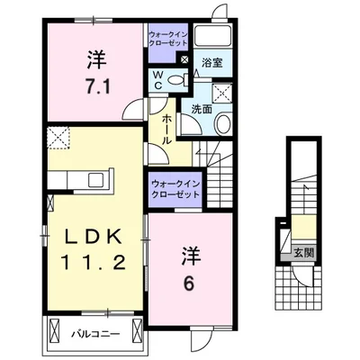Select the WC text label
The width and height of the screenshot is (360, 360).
[158, 80]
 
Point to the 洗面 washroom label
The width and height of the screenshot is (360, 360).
[199, 109]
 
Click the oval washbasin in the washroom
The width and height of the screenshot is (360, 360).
[223, 124]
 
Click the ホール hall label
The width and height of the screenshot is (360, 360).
[167, 125]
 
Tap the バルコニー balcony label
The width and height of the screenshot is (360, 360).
[93, 334]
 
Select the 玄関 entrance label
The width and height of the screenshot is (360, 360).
[303, 253]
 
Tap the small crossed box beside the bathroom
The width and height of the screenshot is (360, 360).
[184, 58]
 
